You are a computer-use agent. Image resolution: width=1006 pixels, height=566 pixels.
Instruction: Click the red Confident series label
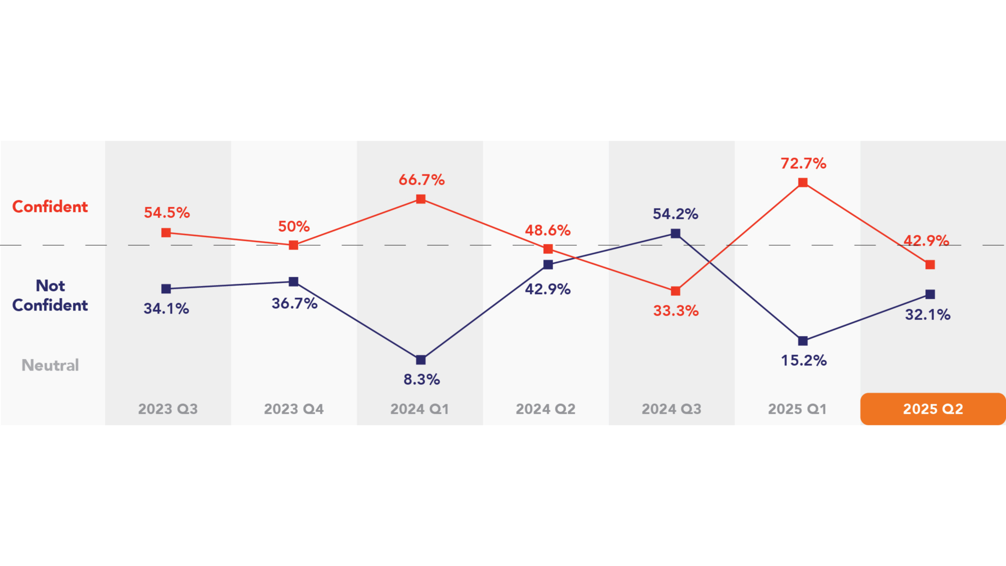(50, 207)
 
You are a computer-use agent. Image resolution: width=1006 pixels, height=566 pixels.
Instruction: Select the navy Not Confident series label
(50, 295)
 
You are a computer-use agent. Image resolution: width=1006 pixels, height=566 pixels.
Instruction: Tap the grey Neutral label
(50, 365)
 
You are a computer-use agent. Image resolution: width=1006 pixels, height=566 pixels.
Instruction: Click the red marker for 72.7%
(803, 183)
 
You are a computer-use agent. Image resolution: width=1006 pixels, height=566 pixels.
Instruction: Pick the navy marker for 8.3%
(421, 360)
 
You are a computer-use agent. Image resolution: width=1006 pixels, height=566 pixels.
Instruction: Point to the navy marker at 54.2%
(675, 233)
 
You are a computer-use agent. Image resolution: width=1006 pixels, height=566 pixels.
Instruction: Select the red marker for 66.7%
(421, 199)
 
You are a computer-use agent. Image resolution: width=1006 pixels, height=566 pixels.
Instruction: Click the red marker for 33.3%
(675, 291)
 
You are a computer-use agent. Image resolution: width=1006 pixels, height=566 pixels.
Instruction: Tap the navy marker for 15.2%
(803, 341)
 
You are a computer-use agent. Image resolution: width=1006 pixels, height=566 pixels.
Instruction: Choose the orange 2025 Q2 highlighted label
(933, 409)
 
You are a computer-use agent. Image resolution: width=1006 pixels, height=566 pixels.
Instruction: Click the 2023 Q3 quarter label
(168, 409)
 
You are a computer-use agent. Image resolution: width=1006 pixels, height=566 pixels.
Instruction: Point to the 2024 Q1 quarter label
(420, 409)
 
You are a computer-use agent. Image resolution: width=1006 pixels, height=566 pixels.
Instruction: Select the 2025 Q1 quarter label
(797, 409)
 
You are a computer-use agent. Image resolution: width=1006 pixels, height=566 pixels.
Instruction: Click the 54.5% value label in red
(167, 213)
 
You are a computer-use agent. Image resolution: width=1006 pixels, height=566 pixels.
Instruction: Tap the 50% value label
(294, 226)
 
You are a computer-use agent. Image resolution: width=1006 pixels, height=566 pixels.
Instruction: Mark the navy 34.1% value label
(167, 309)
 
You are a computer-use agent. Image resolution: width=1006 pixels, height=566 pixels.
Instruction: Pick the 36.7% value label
(295, 304)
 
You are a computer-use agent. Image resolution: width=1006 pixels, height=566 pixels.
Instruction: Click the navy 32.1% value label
(928, 314)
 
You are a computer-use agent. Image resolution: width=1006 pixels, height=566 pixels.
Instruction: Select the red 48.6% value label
(548, 230)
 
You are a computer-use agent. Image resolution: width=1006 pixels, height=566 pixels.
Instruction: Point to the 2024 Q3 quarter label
(671, 409)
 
